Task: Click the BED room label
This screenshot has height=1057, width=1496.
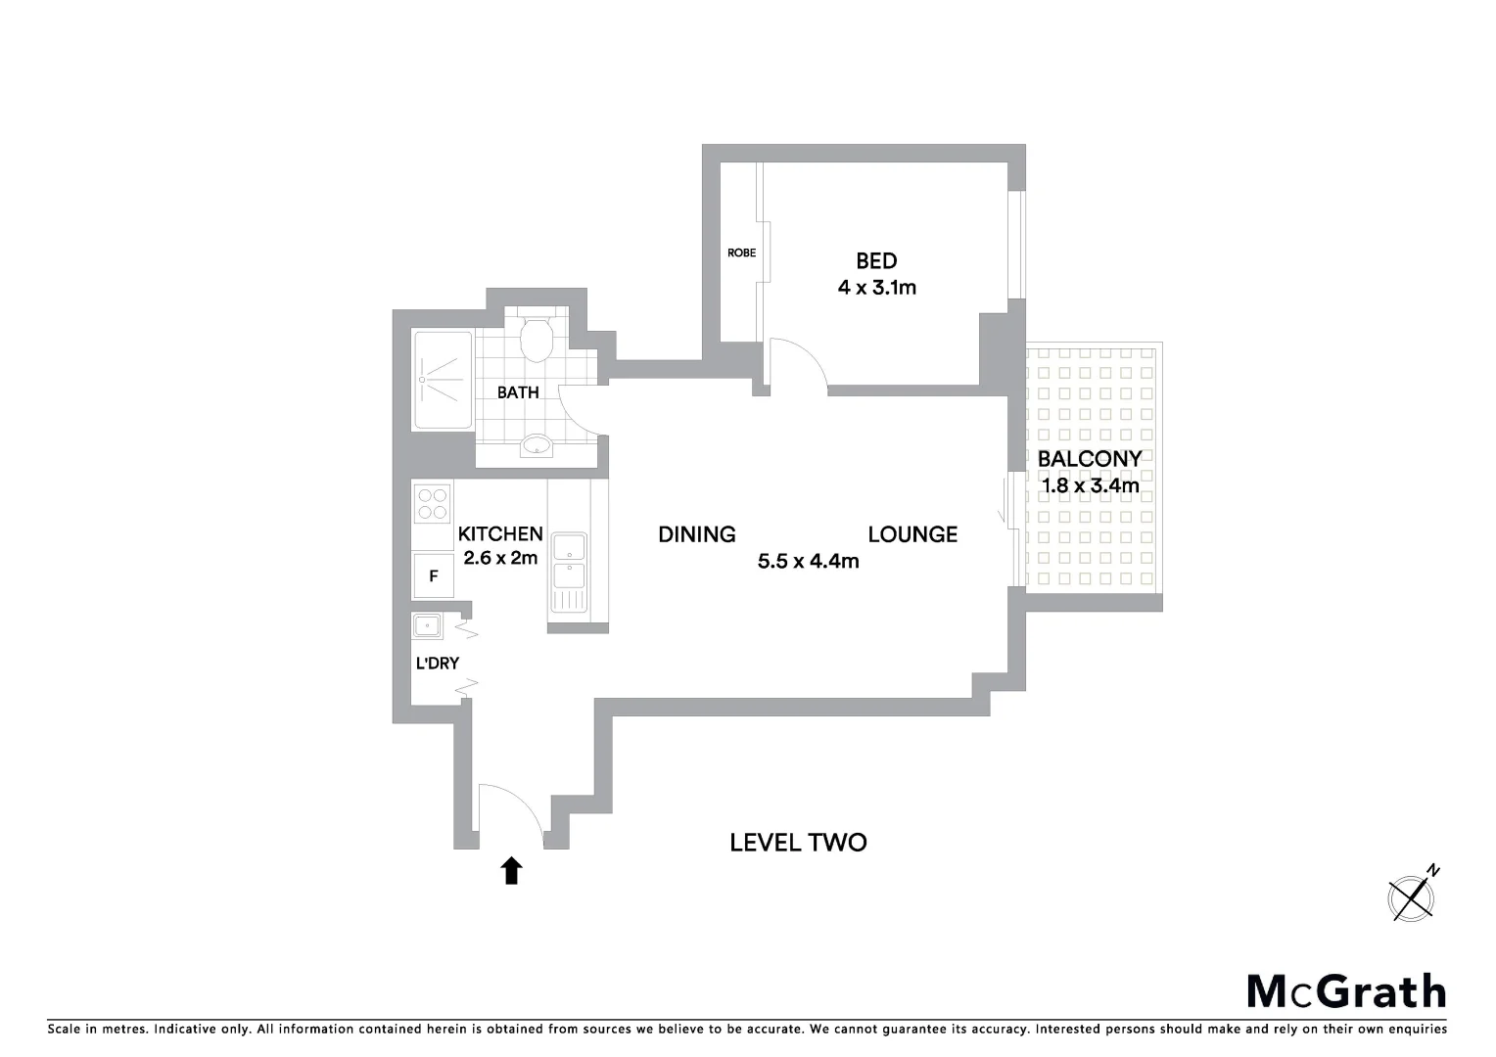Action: click(876, 260)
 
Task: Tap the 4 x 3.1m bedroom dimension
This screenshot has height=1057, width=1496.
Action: click(876, 288)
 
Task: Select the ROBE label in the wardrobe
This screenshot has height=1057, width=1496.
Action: click(741, 253)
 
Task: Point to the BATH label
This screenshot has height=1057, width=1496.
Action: click(518, 392)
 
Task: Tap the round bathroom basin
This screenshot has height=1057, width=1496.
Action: click(536, 445)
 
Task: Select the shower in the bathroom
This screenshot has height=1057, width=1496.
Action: click(443, 380)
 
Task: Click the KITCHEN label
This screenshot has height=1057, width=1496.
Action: click(500, 533)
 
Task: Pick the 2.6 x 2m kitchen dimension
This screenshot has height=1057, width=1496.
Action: click(500, 558)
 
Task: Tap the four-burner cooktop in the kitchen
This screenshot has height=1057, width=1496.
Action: click(432, 503)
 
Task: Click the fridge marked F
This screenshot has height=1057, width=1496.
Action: click(433, 576)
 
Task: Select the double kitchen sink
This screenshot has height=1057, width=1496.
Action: click(568, 560)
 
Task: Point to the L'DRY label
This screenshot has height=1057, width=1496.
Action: click(438, 663)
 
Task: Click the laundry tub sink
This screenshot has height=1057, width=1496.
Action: click(427, 625)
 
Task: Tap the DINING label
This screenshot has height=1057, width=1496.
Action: click(696, 534)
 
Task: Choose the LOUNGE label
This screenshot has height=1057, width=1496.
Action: click(912, 534)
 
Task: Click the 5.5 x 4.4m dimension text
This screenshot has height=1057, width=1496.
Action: click(808, 561)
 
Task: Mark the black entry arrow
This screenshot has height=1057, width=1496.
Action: click(511, 870)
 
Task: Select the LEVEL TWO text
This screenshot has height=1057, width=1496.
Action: click(798, 843)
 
